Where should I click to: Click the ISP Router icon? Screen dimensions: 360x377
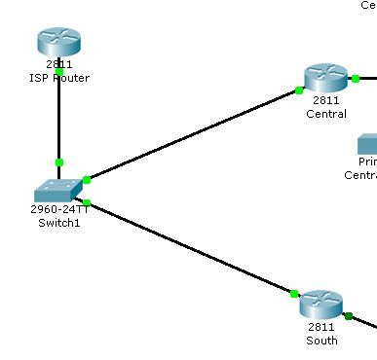[58, 42]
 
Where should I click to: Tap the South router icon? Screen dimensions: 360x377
[321, 305]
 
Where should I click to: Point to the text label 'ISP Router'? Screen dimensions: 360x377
[59, 78]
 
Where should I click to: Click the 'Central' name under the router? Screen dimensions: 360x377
[325, 114]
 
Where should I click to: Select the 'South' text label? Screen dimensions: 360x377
[321, 341]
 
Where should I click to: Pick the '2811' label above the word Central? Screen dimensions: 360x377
[325, 101]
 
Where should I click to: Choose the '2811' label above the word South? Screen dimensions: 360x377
[321, 328]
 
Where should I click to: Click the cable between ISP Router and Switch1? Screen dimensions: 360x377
[58, 117]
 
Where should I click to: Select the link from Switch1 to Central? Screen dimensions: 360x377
[195, 134]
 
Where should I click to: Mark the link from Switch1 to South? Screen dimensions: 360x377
[190, 247]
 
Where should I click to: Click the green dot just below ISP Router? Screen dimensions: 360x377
[59, 71]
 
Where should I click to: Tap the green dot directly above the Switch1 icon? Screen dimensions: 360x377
[58, 162]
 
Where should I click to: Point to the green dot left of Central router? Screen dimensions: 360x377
[298, 90]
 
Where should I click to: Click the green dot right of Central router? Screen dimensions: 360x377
[357, 78]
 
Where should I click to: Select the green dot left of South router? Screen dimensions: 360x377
[293, 293]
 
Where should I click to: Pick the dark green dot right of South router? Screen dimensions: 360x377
[348, 315]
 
